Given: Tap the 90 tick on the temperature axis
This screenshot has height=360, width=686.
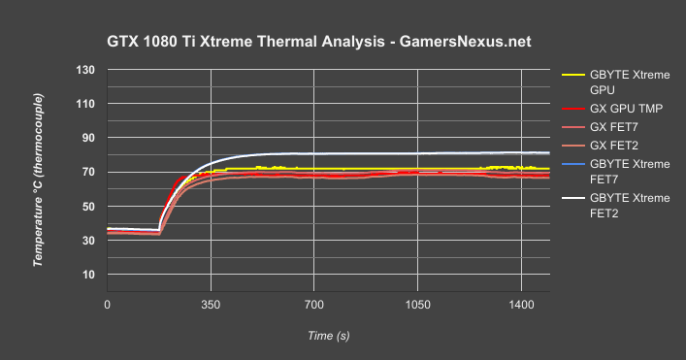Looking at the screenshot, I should coord(88,138).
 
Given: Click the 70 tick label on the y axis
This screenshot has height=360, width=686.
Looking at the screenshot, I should coord(88,173).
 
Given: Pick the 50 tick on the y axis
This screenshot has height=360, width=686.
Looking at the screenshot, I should coord(88,207).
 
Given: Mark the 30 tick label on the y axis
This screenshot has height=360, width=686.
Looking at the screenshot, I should coord(88,241).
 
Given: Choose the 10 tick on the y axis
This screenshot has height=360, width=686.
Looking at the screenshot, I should coord(88,275).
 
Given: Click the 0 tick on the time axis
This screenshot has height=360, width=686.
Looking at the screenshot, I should coord(107,304).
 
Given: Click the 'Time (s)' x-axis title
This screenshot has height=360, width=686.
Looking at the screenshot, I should coord(328,335).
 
